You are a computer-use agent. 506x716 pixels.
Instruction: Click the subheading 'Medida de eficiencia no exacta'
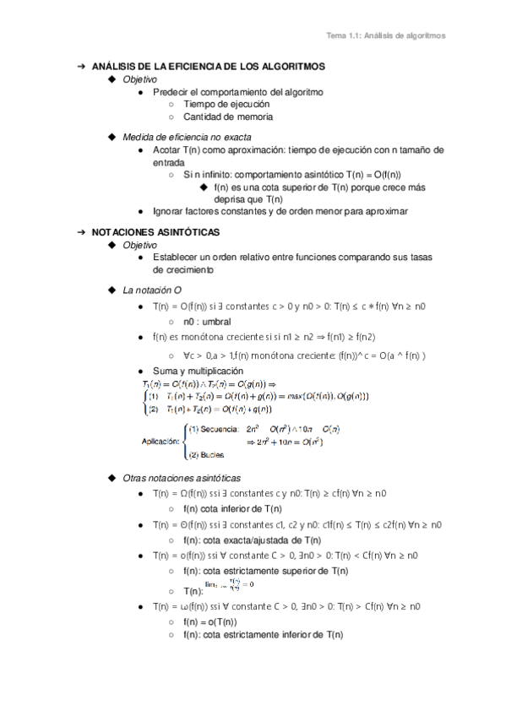tap(186, 136)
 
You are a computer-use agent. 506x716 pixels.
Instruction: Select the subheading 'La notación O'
tap(153, 290)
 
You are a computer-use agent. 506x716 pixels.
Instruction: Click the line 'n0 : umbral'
tap(207, 322)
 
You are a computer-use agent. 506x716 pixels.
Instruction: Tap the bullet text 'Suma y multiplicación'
tap(198, 371)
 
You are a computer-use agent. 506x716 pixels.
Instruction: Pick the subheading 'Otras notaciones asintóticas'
tap(181, 477)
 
